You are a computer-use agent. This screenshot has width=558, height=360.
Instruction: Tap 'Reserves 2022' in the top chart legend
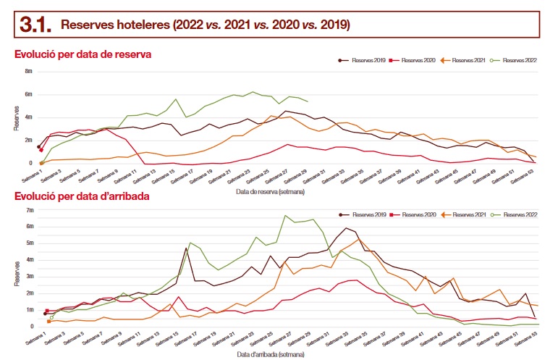519,60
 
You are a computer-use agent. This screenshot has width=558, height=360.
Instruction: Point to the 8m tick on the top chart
29,72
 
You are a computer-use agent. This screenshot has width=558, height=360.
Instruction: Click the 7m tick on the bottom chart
30,210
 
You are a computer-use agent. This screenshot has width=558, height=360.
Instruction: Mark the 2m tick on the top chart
29,141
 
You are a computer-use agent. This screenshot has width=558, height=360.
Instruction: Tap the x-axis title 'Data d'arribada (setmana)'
271,354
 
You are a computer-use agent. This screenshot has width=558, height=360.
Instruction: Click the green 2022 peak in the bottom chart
285,215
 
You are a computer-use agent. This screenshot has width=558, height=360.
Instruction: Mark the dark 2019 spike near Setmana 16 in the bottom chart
186,248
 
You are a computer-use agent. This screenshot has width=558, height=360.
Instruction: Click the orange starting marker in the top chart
41,163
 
